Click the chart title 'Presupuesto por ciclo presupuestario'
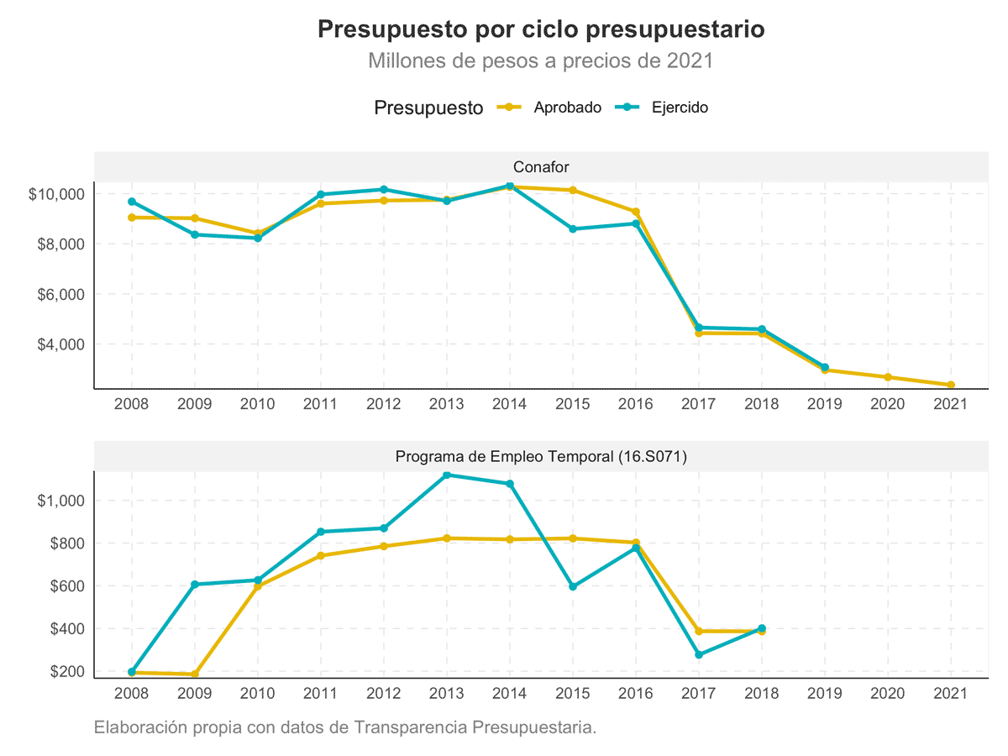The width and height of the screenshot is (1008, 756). coord(541,30)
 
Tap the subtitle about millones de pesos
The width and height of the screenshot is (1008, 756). coord(540,61)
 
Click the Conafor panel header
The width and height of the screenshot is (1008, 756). coord(541,167)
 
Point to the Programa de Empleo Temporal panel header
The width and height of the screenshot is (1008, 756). coord(541,457)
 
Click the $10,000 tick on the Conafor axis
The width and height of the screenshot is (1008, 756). coord(56,194)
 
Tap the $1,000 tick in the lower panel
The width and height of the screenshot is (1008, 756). coord(60,501)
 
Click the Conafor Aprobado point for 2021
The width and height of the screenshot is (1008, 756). coord(950,386)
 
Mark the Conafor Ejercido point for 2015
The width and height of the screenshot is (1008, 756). coord(572,228)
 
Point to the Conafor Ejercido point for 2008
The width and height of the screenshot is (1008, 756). coord(132,202)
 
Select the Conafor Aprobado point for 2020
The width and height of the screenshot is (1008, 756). coord(887,377)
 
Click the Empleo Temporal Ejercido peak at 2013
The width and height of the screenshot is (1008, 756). coord(447,475)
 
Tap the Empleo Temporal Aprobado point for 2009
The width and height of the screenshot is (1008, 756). coord(195,674)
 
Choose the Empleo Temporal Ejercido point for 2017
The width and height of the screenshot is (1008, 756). coord(699,654)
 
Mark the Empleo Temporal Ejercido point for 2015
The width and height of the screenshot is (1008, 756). coord(573,586)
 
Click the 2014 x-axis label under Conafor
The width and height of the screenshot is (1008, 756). coord(509,404)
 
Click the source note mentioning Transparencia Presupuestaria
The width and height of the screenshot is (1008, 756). coord(345,727)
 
